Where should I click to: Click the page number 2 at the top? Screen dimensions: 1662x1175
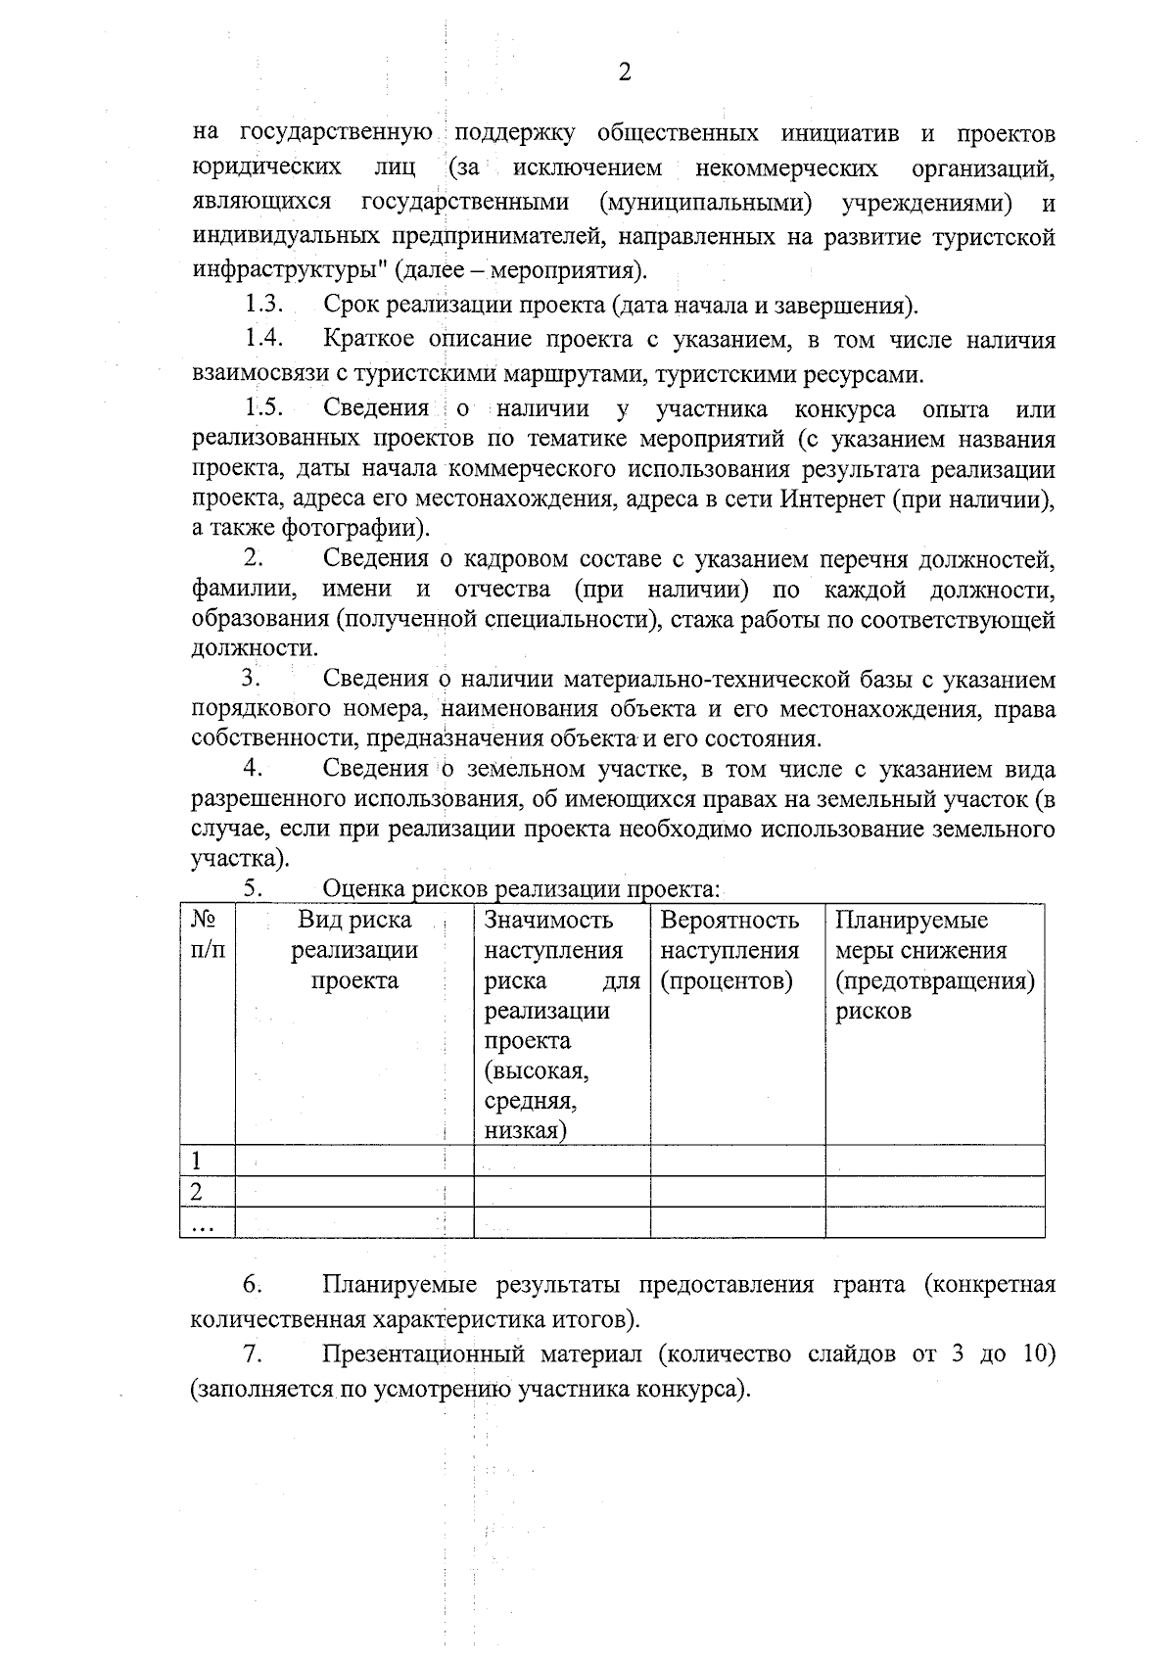(x=625, y=73)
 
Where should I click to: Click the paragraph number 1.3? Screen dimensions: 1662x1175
(x=264, y=305)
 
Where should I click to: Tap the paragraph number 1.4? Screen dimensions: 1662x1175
(x=264, y=339)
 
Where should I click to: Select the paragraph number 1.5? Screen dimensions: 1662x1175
(x=264, y=407)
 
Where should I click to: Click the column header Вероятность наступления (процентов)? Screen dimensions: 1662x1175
(x=729, y=950)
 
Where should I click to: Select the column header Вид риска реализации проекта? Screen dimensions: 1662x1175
(x=354, y=950)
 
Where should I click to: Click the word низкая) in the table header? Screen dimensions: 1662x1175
(x=526, y=1131)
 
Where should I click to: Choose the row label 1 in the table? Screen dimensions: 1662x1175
(x=197, y=1162)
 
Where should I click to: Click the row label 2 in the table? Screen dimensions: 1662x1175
(x=197, y=1192)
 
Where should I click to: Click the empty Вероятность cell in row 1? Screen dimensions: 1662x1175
(x=737, y=1162)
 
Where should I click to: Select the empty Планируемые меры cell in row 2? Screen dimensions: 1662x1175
(x=934, y=1192)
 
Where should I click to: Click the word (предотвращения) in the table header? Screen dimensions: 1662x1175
(x=934, y=980)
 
